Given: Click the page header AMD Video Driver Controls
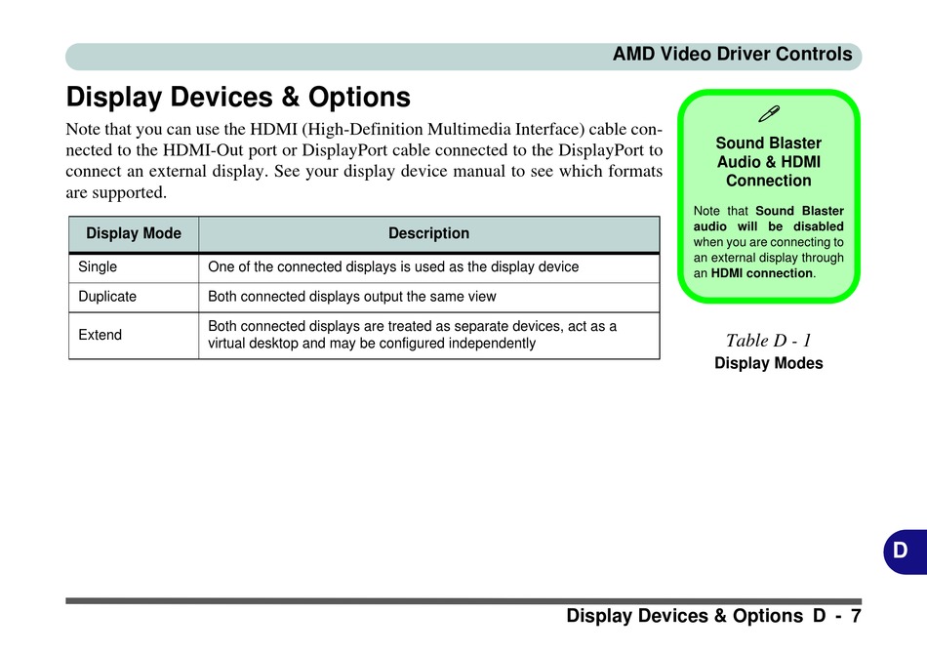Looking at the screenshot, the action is pos(732,55).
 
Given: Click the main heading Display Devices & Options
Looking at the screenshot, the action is pos(238,97).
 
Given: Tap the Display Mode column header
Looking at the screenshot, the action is pos(134,233).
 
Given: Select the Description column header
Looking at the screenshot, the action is pos(428,233).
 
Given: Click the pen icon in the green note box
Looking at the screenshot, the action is pos(769,113).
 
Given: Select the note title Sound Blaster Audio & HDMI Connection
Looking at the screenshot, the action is pos(769,162).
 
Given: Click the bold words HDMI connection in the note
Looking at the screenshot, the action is pos(762,273).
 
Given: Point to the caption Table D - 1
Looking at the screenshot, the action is pos(769,341).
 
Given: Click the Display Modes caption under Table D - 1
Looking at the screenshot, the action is pos(769,363).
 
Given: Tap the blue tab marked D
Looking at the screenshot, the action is pos(906,551).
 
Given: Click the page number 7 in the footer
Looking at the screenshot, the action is pos(856,616).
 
